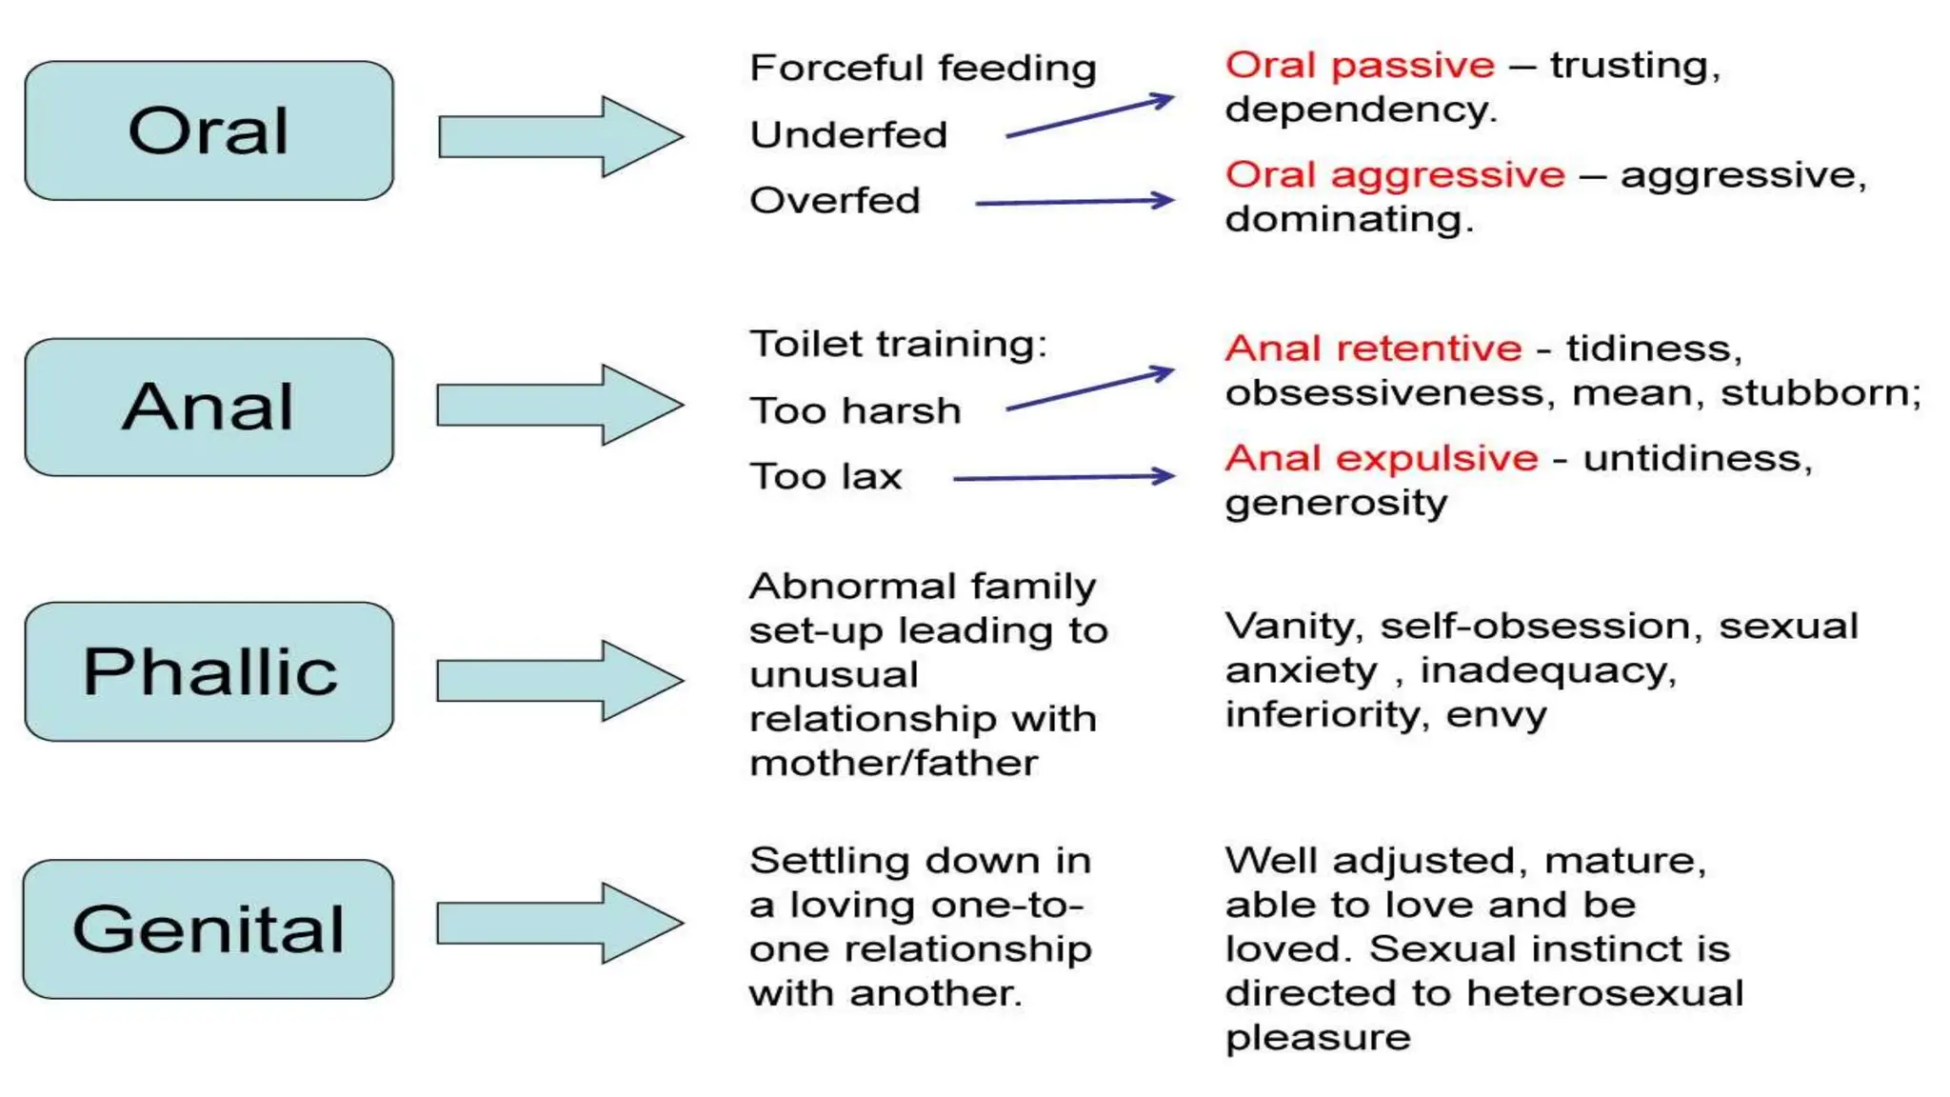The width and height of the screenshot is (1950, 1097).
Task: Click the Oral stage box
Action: (x=209, y=131)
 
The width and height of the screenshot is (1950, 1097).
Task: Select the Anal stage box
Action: (x=209, y=408)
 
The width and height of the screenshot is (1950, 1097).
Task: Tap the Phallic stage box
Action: (x=209, y=671)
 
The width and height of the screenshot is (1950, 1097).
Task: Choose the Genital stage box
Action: (x=209, y=929)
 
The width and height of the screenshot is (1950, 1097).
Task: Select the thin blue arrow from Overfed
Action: (x=1074, y=202)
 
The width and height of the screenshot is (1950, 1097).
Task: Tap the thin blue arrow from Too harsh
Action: (x=1089, y=389)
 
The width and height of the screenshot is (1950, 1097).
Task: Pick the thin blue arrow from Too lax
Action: (x=1064, y=477)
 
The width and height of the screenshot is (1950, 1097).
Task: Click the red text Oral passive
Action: (x=1360, y=66)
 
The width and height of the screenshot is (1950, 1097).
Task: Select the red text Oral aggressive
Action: (x=1395, y=175)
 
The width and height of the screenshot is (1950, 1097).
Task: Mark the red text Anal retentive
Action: (x=1373, y=349)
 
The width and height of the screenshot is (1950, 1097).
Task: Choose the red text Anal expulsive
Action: (x=1381, y=459)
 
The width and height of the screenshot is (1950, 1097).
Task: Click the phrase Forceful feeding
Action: (x=923, y=69)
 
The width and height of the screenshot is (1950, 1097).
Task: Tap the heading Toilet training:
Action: (x=897, y=344)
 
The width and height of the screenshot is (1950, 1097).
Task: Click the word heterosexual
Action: (x=1604, y=993)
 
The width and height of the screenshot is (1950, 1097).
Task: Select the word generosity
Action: (x=1335, y=504)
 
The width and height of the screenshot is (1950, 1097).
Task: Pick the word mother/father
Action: (x=893, y=764)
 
